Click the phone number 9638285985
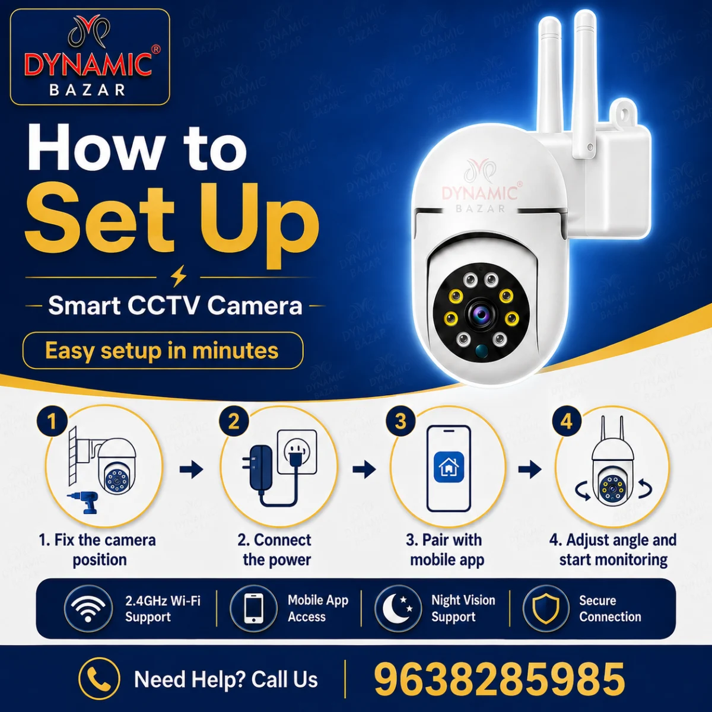(500, 679)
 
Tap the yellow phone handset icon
(99, 679)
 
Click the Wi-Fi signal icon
(88, 609)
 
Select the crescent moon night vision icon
(398, 608)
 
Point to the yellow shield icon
(545, 609)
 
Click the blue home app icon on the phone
(449, 467)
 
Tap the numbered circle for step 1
(52, 421)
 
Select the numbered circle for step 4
(567, 421)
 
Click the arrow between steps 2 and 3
(364, 469)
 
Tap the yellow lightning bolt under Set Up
(179, 276)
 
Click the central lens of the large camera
(481, 315)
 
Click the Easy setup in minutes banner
(163, 351)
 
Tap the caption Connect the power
(275, 550)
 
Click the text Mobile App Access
(318, 609)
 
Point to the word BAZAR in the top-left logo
(88, 90)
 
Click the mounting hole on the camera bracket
(624, 114)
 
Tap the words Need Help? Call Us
(225, 679)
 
